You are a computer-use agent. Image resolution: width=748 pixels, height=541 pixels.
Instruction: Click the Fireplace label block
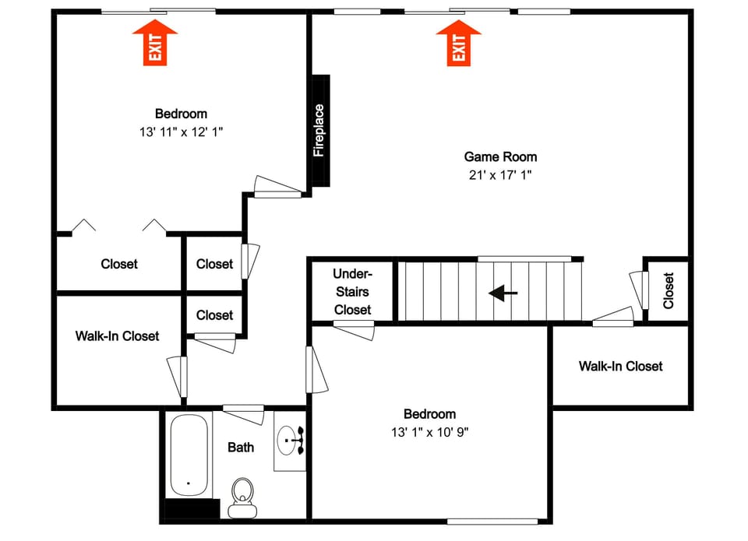point(320,130)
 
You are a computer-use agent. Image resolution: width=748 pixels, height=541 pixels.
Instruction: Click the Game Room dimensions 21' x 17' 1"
point(500,174)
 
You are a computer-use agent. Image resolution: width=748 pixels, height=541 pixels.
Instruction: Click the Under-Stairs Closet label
point(352,292)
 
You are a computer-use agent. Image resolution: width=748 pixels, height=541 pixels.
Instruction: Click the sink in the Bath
point(291,442)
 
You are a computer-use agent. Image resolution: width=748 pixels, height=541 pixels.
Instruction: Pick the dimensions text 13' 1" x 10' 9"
point(429,431)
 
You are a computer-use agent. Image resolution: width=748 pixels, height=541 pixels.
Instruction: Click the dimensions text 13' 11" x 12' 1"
point(181,132)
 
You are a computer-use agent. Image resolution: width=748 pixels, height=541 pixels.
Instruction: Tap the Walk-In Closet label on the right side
point(620,366)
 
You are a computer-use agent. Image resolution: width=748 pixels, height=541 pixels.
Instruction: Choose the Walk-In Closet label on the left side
point(117,335)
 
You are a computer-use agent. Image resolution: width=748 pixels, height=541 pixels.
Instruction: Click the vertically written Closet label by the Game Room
point(669,290)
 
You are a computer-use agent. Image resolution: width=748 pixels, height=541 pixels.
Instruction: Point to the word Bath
point(241,447)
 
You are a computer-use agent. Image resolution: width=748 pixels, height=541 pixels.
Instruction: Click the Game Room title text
point(500,156)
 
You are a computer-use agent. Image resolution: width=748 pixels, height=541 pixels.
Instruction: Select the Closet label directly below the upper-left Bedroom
point(119,264)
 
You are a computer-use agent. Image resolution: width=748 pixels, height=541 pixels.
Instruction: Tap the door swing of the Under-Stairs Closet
point(354,330)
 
